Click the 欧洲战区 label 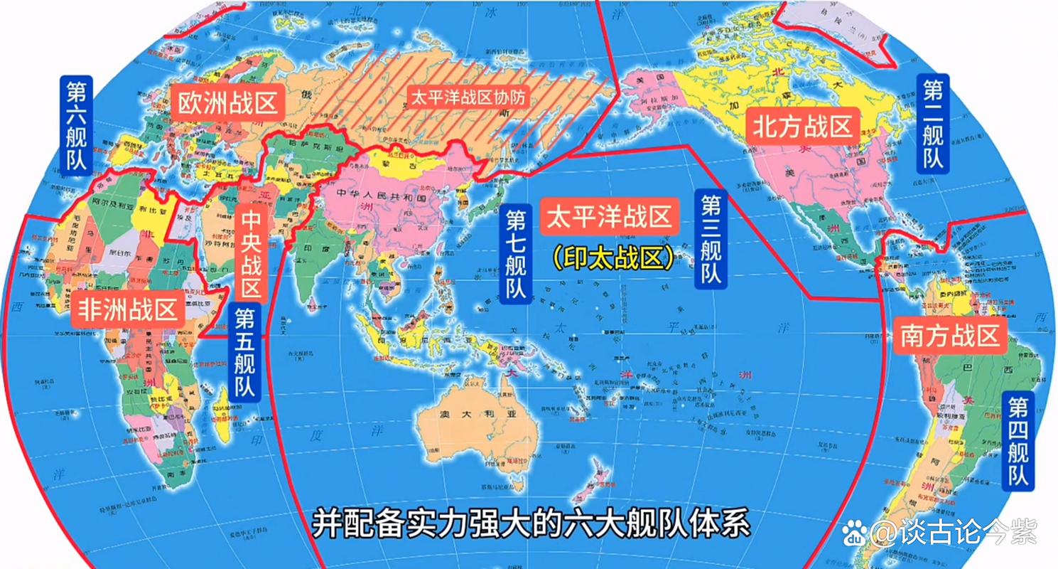click(227, 105)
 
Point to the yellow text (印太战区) click(612, 257)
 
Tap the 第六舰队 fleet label click(77, 125)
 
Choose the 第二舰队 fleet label click(933, 122)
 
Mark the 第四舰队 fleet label click(1017, 440)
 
